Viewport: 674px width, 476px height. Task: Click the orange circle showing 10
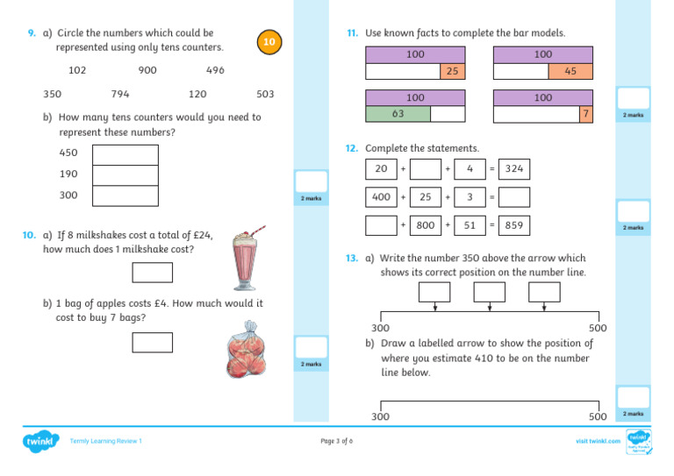click(270, 42)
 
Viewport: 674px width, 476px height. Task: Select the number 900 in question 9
click(147, 70)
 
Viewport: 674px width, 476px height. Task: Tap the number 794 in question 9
click(121, 94)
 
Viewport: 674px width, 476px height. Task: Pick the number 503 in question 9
click(265, 94)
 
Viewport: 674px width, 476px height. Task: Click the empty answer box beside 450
click(125, 154)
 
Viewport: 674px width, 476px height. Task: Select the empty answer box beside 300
click(125, 195)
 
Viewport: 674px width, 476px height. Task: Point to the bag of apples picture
click(248, 350)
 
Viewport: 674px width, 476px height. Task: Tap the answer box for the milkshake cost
click(152, 272)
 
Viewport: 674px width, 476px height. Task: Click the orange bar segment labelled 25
click(450, 71)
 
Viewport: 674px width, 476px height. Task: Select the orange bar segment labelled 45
click(570, 71)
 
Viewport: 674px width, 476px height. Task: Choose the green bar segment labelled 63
click(398, 113)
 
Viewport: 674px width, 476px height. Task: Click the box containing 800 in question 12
click(426, 225)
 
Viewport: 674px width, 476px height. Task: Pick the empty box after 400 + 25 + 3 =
click(513, 197)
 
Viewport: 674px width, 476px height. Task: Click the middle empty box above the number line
click(489, 291)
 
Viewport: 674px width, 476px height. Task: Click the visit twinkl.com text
click(598, 441)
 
